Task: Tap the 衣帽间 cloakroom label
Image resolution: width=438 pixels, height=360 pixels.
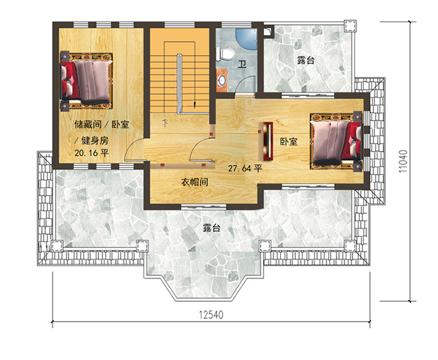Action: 193,183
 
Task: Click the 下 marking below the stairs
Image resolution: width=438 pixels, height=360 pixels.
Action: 165,123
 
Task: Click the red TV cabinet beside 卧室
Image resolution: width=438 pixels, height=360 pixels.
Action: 268,142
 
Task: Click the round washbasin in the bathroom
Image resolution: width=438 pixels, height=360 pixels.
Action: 222,80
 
